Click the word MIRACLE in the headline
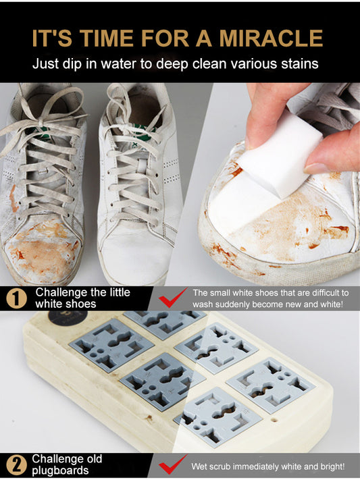[x=271, y=38]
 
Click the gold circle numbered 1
[x=16, y=298]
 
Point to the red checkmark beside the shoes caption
[x=172, y=298]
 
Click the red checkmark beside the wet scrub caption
[x=172, y=464]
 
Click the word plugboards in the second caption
[x=60, y=471]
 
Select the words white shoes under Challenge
[x=66, y=304]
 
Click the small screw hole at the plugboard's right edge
[x=274, y=420]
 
